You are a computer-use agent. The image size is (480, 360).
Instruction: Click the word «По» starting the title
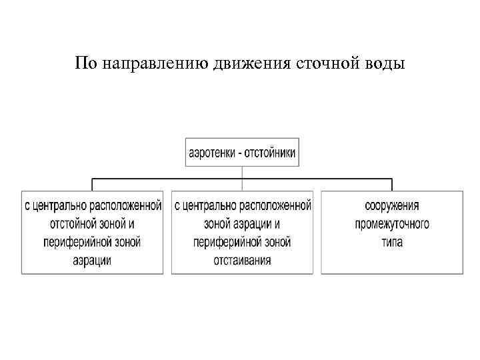click(85, 64)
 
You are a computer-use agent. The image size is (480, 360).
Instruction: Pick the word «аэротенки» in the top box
click(213, 152)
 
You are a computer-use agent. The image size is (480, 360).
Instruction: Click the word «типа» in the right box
click(392, 242)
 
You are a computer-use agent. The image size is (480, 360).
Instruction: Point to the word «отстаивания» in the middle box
click(242, 260)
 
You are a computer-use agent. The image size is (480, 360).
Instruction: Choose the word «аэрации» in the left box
click(92, 260)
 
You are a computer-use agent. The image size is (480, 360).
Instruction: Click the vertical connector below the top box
click(242, 172)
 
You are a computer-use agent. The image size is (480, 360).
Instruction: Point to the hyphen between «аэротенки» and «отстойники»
click(239, 153)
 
